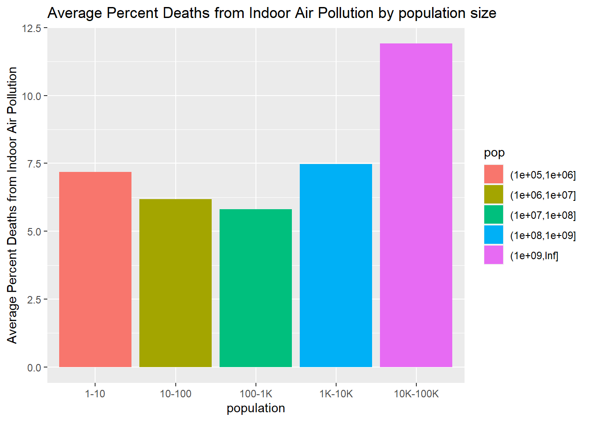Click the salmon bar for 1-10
[95, 269]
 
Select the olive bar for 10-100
[175, 283]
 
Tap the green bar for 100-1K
[255, 288]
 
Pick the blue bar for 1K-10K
[336, 265]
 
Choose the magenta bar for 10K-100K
[416, 205]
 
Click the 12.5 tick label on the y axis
[32, 29]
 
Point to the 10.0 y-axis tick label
[32, 96]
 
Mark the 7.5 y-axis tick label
[34, 164]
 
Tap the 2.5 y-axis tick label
[34, 300]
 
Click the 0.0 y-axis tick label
[34, 367]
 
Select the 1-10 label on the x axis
[95, 394]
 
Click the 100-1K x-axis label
[255, 394]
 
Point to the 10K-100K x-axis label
[416, 394]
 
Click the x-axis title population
[255, 408]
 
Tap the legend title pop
[494, 153]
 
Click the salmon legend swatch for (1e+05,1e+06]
[493, 174]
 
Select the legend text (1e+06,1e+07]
[543, 195]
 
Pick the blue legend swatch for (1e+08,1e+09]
[493, 235]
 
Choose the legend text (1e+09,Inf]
[534, 255]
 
